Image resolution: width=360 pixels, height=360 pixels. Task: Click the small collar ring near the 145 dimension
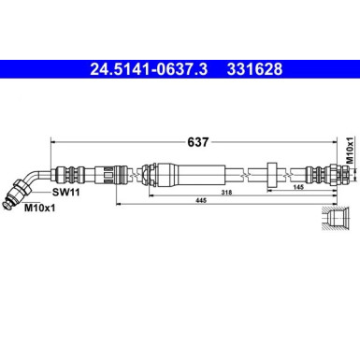pyautogui.click(x=271, y=173)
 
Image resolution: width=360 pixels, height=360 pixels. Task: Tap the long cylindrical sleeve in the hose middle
pyautogui.click(x=192, y=173)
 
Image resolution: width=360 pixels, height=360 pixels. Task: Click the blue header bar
pyautogui.click(x=180, y=68)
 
